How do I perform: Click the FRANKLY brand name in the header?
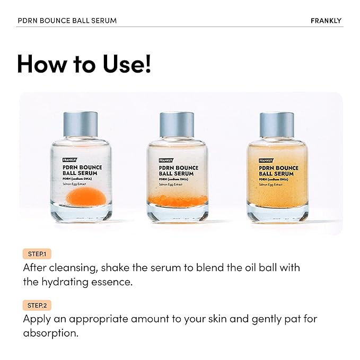point(326,21)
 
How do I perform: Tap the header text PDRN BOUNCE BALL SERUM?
point(67,21)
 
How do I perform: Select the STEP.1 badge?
point(37,254)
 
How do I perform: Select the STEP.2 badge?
point(37,305)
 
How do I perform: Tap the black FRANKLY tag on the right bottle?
point(266,160)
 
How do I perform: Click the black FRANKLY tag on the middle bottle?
point(169,160)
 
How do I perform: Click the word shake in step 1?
point(125,268)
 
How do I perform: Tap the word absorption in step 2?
point(50,333)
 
